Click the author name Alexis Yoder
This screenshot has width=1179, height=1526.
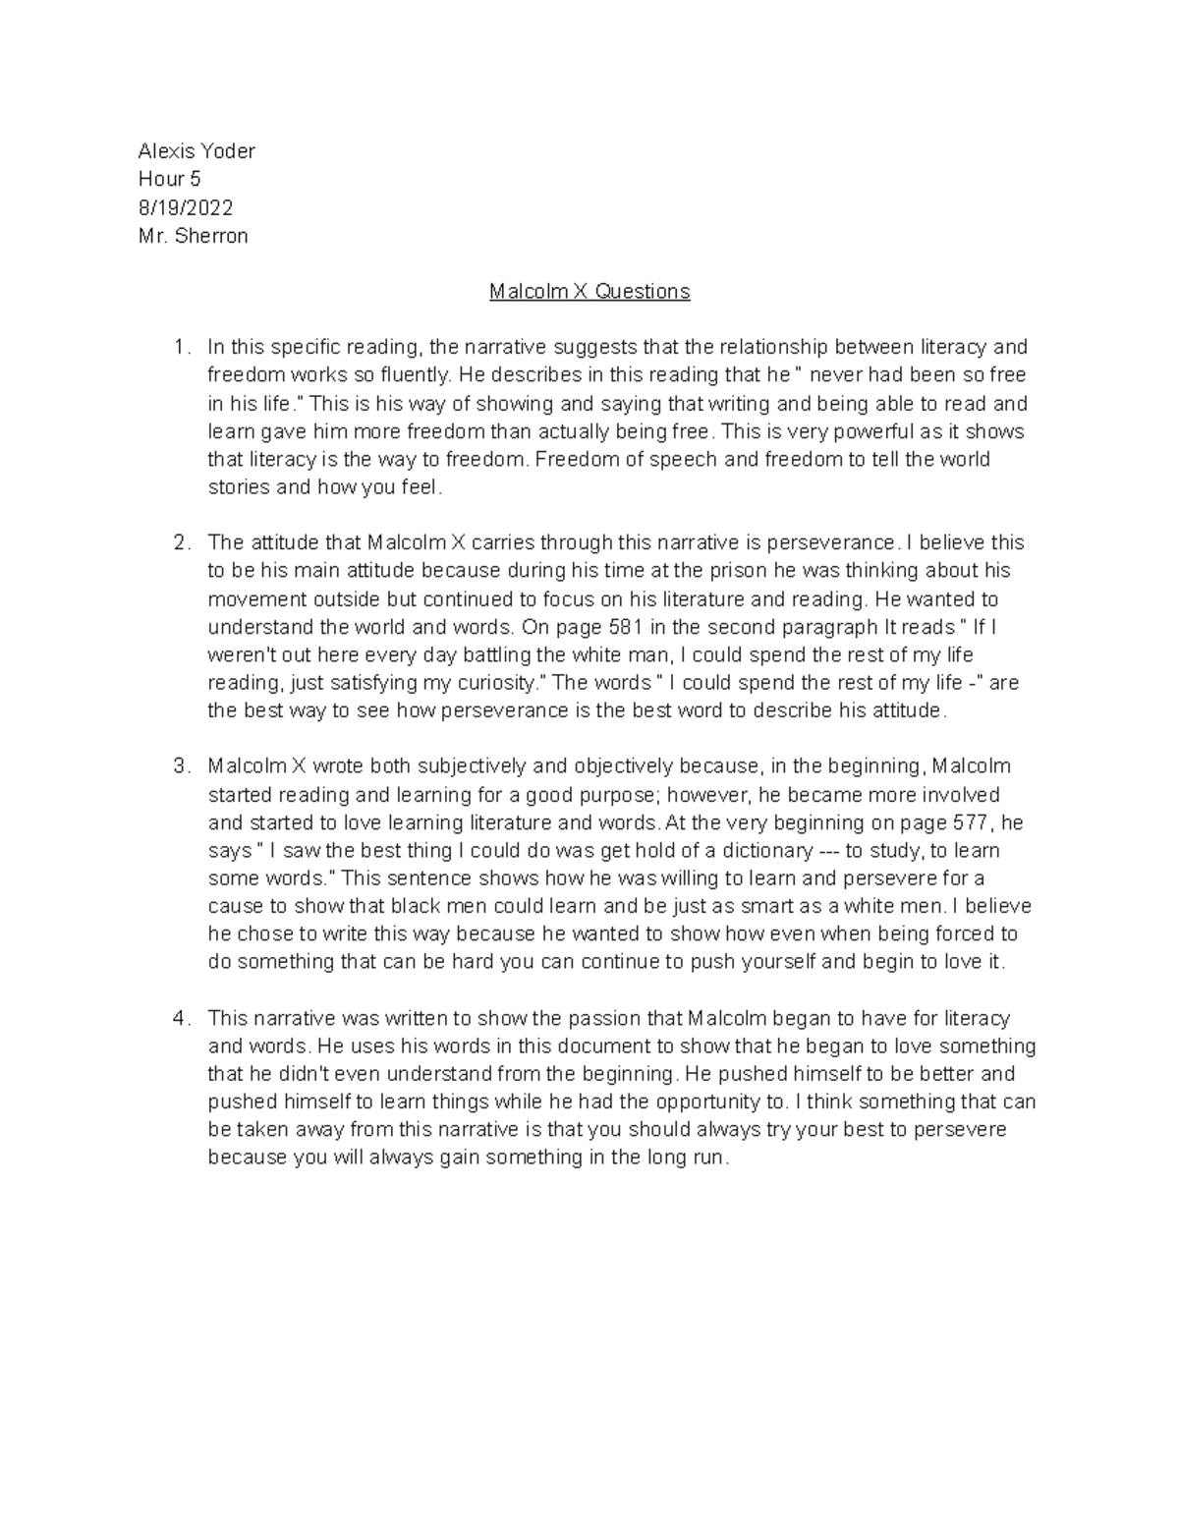point(196,150)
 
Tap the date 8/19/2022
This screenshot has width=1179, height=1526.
point(186,207)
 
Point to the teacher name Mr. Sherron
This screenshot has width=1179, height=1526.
point(193,236)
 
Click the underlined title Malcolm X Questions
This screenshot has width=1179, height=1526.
point(589,292)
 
